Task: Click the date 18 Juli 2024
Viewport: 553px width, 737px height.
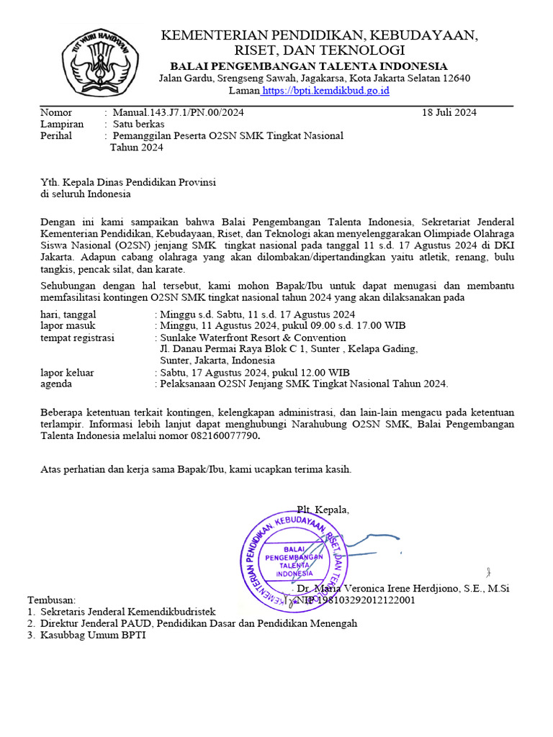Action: [449, 112]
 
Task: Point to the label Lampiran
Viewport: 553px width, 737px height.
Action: [62, 124]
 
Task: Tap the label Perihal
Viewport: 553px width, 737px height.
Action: [56, 135]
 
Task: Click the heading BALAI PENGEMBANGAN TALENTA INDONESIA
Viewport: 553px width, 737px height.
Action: [308, 66]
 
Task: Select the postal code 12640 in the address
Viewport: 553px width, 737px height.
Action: [455, 78]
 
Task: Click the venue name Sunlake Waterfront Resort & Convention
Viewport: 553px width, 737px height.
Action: [253, 338]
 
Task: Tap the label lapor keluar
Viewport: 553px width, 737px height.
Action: [66, 372]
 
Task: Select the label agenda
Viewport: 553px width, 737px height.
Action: [56, 384]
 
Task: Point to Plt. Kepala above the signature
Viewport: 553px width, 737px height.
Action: [323, 510]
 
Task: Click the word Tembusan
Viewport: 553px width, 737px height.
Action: [51, 600]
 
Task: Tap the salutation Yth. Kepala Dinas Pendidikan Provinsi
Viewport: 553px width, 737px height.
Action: [128, 182]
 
